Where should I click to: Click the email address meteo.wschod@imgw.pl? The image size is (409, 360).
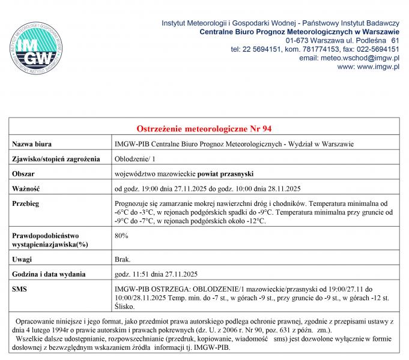pyautogui.click(x=349, y=58)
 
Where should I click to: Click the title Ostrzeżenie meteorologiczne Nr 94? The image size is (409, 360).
pyautogui.click(x=204, y=129)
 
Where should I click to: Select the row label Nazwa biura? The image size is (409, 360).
pyautogui.click(x=32, y=144)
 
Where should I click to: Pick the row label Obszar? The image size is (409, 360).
pyautogui.click(x=24, y=174)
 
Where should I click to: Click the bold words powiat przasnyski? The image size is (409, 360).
pyautogui.click(x=225, y=174)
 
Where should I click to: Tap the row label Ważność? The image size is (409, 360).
pyautogui.click(x=26, y=189)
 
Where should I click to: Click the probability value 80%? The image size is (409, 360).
pyautogui.click(x=121, y=236)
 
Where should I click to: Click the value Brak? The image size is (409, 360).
pyautogui.click(x=122, y=260)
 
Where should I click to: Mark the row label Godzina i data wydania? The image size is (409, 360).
pyautogui.click(x=50, y=275)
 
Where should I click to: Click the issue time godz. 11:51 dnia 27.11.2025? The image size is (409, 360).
pyautogui.click(x=156, y=275)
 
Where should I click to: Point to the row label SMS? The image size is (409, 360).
pyautogui.click(x=20, y=289)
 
